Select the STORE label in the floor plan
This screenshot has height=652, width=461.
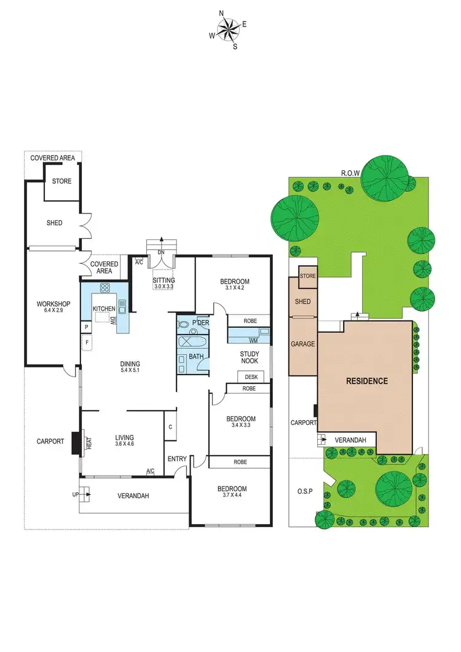click(x=61, y=181)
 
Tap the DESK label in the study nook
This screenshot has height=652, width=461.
click(x=251, y=377)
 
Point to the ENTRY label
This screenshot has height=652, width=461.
click(x=178, y=458)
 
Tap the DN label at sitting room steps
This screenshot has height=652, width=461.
click(x=161, y=252)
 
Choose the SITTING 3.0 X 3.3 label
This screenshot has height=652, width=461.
click(x=164, y=284)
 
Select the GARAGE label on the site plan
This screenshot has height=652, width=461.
click(x=303, y=344)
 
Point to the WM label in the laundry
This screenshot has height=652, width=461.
click(x=253, y=340)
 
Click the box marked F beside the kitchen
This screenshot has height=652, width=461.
click(x=87, y=342)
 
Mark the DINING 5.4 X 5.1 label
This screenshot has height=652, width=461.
click(x=130, y=367)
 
